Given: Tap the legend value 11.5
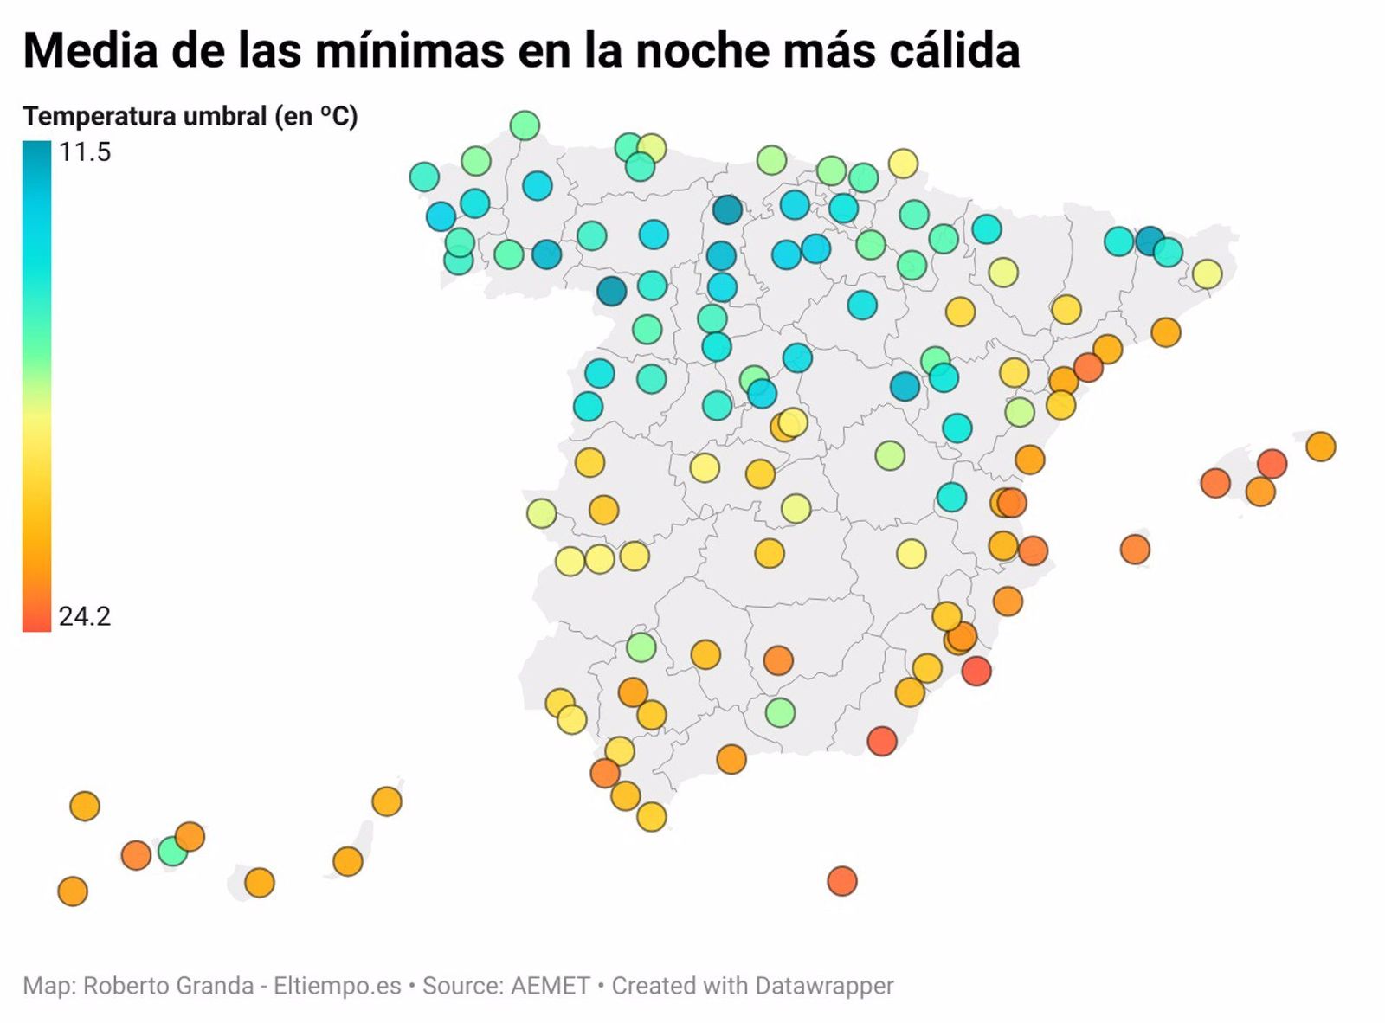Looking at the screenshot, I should coord(85,152).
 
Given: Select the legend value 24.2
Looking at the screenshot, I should coord(85,616).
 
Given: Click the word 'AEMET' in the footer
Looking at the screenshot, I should coord(550,986).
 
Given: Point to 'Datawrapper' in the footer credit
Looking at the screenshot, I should coord(823,986).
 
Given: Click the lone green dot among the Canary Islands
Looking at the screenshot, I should coord(172,852).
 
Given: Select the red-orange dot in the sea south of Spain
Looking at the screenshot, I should coord(841,881).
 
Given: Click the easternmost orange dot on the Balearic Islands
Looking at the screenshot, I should coord(1320,447).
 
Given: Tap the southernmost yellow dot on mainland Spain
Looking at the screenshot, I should coord(651,816).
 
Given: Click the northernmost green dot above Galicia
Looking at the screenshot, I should coord(525,125).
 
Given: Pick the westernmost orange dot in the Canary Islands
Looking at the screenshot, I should coord(73,891).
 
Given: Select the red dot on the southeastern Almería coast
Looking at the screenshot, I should coord(881,741).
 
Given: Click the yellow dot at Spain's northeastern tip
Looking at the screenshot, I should coord(1206,274).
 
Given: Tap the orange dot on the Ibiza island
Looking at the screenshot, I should coord(1134,549).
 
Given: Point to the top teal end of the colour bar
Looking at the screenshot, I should coord(36,149).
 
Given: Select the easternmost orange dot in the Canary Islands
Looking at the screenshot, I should coord(387,801).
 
